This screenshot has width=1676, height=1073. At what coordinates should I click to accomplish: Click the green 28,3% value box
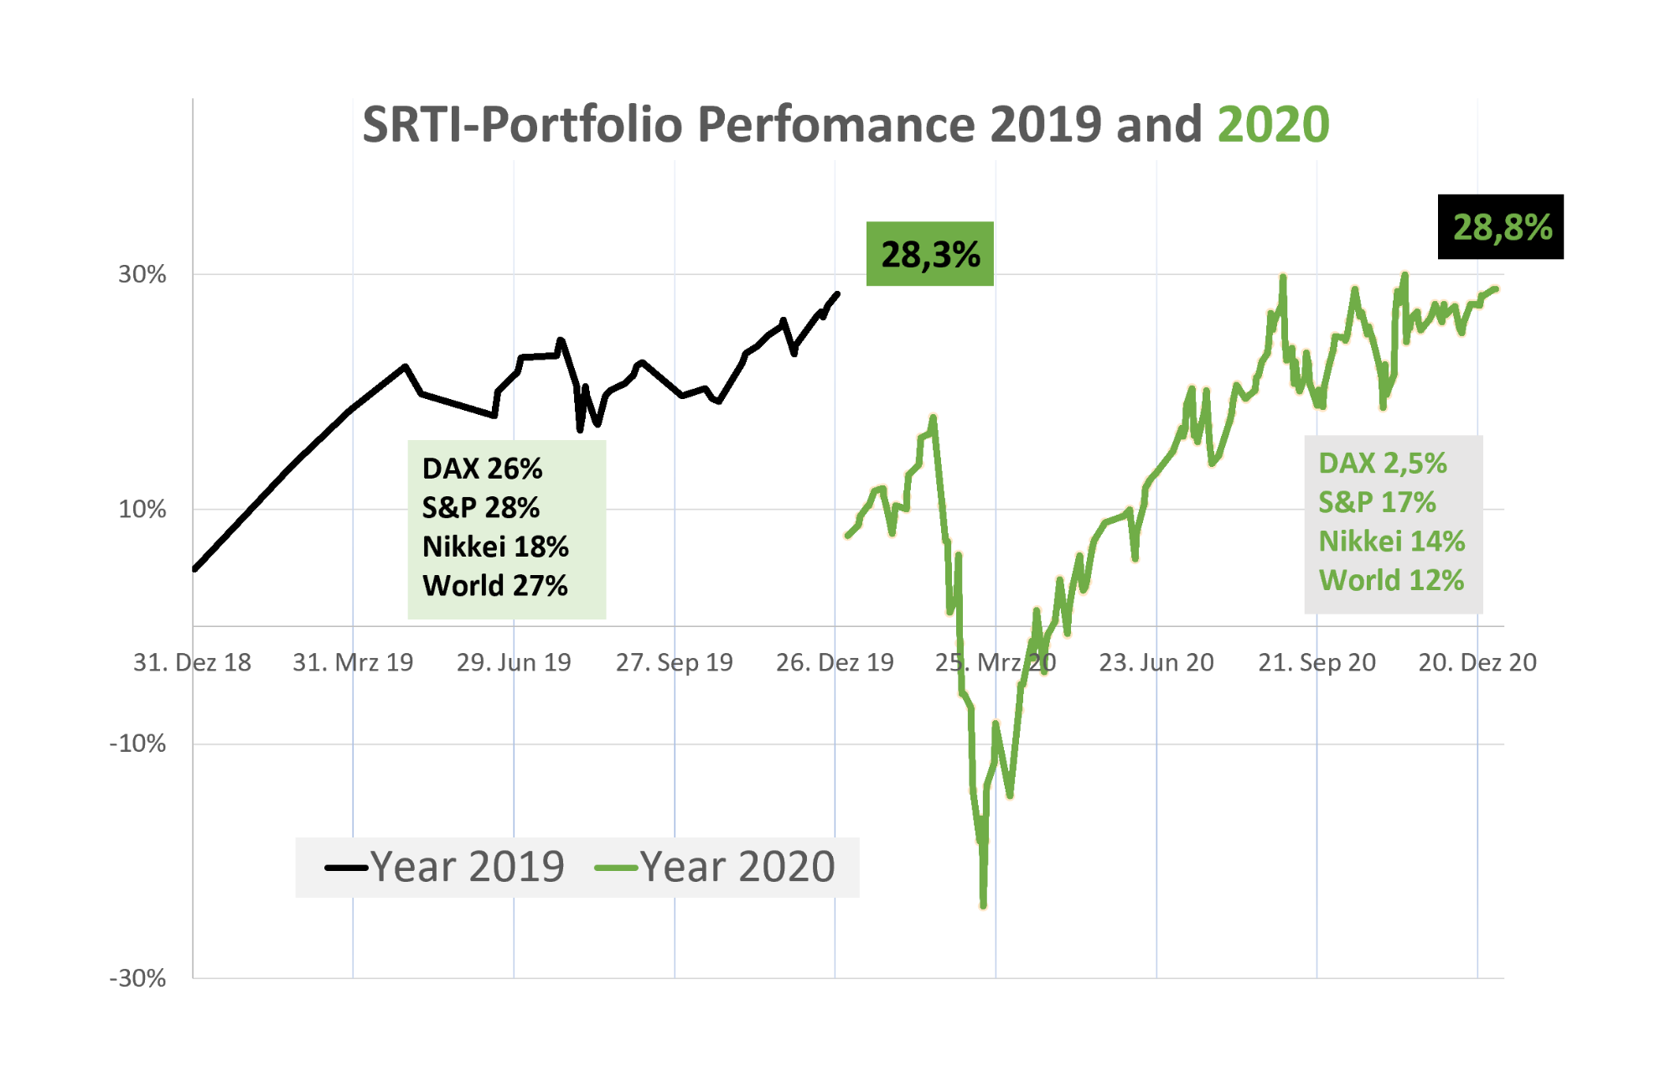click(929, 254)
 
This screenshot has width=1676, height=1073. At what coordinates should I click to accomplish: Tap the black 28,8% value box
click(1501, 227)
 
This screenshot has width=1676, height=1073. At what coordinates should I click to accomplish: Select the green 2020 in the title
click(1273, 125)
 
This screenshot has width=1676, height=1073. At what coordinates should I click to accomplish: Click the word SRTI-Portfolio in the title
click(522, 125)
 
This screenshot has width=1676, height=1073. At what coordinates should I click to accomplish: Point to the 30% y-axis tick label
click(142, 274)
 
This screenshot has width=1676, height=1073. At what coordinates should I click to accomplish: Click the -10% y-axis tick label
click(137, 744)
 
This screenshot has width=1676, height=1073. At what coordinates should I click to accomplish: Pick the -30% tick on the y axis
click(137, 978)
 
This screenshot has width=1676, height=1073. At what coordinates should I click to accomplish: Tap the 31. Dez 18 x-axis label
click(192, 662)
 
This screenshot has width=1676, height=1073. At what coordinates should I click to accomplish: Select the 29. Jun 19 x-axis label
click(513, 662)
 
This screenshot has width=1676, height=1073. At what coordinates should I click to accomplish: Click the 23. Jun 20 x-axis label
click(1156, 662)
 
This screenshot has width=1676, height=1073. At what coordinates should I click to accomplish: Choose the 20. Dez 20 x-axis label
click(1477, 662)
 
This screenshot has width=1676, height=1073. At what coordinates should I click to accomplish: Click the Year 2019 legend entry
click(445, 867)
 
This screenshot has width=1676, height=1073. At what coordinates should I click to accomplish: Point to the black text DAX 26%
click(482, 469)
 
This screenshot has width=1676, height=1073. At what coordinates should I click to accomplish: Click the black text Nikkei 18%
click(495, 547)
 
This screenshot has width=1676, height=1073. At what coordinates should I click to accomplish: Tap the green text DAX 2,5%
click(1382, 464)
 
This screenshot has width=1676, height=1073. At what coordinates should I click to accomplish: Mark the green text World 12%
click(1391, 580)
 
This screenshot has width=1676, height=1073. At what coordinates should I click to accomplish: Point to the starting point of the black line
click(195, 568)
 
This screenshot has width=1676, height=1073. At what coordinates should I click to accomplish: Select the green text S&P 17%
click(1377, 502)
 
